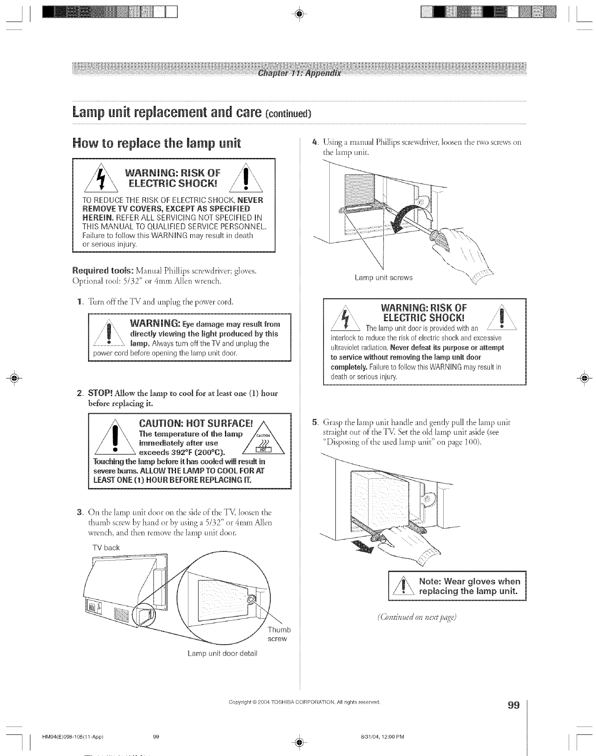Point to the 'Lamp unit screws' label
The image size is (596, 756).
click(x=384, y=278)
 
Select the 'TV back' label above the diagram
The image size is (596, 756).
click(x=106, y=547)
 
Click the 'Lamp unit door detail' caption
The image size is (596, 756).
click(x=222, y=653)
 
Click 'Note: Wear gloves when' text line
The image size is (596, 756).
click(x=470, y=581)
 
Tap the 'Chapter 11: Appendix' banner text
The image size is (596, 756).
click(x=298, y=73)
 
